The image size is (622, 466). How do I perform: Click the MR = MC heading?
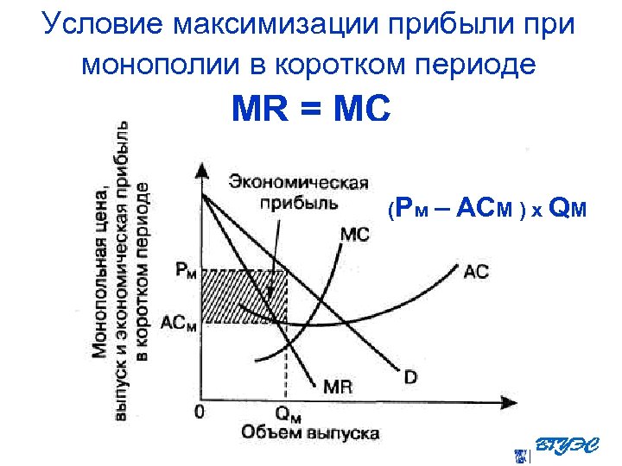(311, 111)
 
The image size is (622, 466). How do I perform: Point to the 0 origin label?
(200, 412)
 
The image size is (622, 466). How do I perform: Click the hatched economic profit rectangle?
(243, 297)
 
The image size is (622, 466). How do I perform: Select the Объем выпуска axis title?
(308, 431)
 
